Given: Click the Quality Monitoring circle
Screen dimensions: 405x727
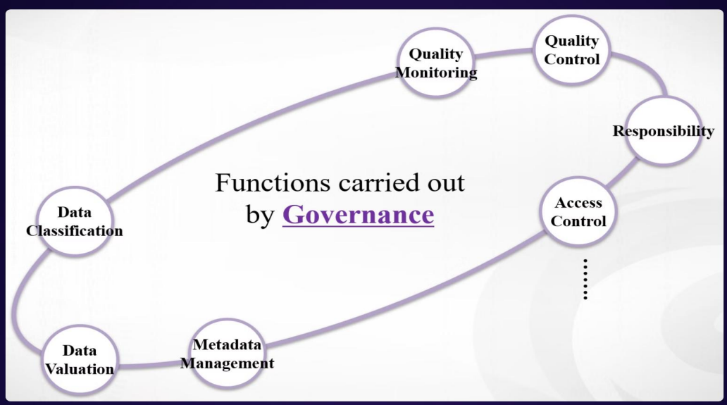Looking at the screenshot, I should [x=436, y=63].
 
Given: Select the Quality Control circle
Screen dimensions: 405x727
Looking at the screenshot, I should [x=571, y=50].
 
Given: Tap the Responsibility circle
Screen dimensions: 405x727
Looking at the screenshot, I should [x=662, y=130].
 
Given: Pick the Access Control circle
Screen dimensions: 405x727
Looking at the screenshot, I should [x=578, y=211].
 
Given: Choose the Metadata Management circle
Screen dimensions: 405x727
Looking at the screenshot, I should [x=227, y=354].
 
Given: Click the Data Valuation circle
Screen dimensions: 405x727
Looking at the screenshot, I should [x=79, y=359].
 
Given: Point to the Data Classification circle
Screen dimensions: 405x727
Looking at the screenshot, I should [x=75, y=221].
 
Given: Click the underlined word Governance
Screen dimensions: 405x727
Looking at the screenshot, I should [x=358, y=214].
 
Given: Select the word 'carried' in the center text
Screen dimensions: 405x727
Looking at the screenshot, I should [x=373, y=182].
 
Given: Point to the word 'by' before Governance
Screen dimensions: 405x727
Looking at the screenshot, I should [x=259, y=215].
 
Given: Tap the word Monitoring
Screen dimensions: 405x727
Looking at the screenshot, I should [x=436, y=72].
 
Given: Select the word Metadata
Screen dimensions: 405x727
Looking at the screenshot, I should [x=227, y=345].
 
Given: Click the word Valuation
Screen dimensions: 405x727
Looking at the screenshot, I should [x=80, y=368].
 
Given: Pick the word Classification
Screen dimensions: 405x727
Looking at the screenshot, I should [x=75, y=230].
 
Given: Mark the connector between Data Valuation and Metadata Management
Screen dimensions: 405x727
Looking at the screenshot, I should [x=151, y=365].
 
